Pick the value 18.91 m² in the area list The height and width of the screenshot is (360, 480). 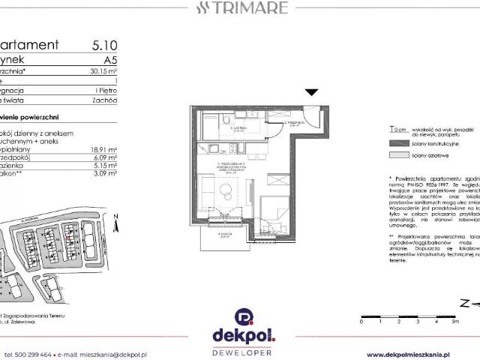tap(103, 149)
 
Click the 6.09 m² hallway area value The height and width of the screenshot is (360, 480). tap(103, 157)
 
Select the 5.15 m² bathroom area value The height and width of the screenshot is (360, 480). tap(103, 166)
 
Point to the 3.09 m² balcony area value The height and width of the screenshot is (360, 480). tap(103, 174)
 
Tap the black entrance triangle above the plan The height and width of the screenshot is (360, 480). tap(313, 92)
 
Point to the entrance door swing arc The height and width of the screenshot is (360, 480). tap(319, 118)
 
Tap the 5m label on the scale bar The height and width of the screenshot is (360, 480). tap(455, 321)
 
